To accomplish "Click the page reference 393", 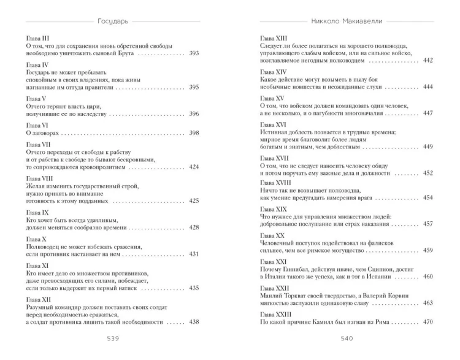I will [x=194, y=55].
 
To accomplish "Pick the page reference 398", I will [x=194, y=133].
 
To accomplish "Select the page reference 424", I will [x=194, y=167].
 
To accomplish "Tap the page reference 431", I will [x=194, y=254].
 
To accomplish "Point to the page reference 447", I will [x=428, y=113].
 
